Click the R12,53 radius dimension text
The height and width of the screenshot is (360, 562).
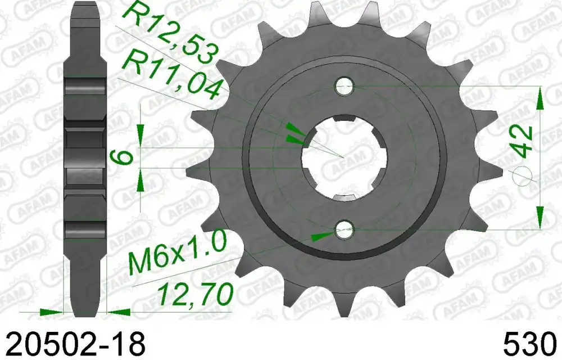coord(171,32)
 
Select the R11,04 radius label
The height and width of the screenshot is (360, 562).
coord(171,75)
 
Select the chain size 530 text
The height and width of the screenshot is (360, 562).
coord(531,344)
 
